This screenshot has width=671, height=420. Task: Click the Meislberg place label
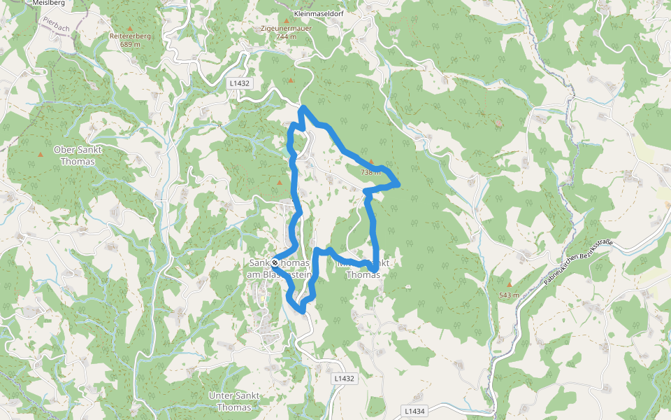click(49, 3)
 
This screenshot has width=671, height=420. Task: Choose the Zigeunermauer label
click(287, 28)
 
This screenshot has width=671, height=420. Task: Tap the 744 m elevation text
click(287, 37)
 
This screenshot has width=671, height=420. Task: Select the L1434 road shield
click(414, 411)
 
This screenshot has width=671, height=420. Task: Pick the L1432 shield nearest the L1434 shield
click(344, 379)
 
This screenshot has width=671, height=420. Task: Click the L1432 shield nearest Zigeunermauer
click(239, 83)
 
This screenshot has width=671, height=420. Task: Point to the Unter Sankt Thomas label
click(234, 401)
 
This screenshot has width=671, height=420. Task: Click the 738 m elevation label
click(370, 172)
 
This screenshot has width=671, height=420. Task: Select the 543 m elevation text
click(509, 295)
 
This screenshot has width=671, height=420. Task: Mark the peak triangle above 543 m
click(509, 284)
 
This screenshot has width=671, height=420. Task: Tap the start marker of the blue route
click(275, 263)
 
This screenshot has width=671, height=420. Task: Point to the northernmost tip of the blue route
click(303, 108)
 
